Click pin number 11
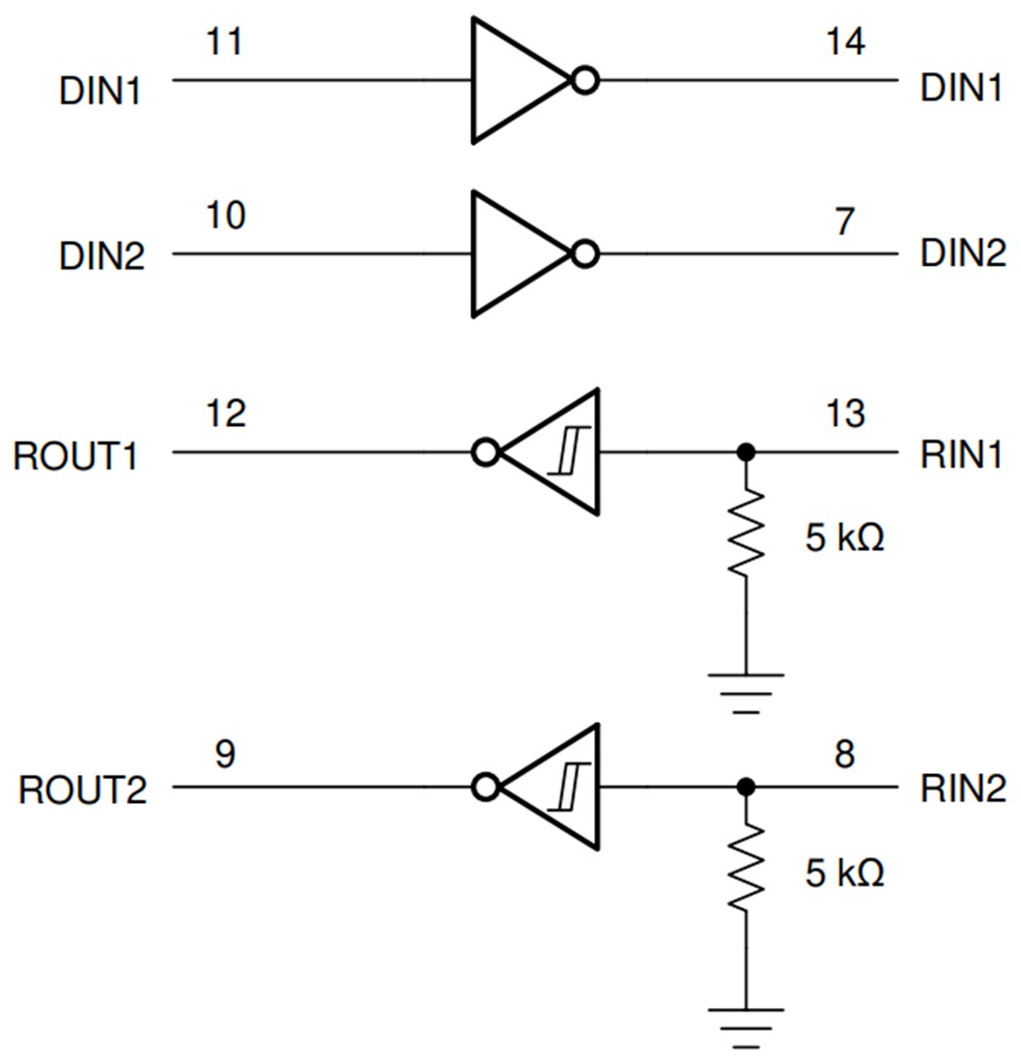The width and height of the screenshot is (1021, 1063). pyautogui.click(x=226, y=43)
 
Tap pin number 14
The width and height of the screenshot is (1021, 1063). pyautogui.click(x=845, y=43)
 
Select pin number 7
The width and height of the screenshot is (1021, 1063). pyautogui.click(x=845, y=221)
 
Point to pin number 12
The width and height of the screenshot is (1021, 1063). pyautogui.click(x=226, y=414)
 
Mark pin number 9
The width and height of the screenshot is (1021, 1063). pyautogui.click(x=224, y=754)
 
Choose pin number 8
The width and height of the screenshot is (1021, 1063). pyautogui.click(x=844, y=754)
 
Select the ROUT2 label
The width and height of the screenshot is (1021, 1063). pyautogui.click(x=83, y=790)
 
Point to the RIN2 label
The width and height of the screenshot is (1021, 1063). pyautogui.click(x=960, y=790)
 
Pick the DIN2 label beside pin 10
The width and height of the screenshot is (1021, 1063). pyautogui.click(x=101, y=258)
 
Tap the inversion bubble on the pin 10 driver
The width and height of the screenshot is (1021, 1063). pyautogui.click(x=583, y=254)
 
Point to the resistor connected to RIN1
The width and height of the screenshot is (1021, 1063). pyautogui.click(x=746, y=533)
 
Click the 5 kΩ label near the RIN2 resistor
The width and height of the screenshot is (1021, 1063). pyautogui.click(x=844, y=875)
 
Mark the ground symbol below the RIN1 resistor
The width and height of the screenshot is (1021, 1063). pyautogui.click(x=746, y=689)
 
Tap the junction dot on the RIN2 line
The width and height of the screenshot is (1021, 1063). pyautogui.click(x=746, y=788)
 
